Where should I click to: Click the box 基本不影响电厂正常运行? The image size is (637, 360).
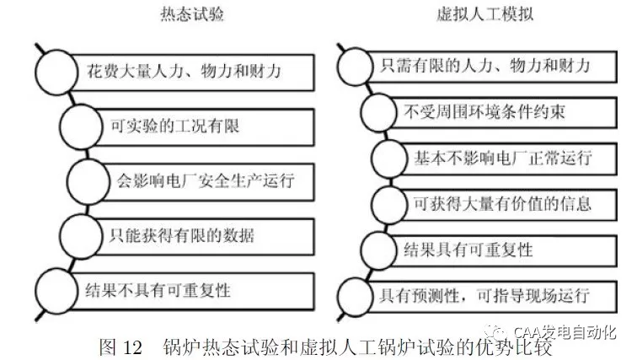pyautogui.click(x=503, y=158)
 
